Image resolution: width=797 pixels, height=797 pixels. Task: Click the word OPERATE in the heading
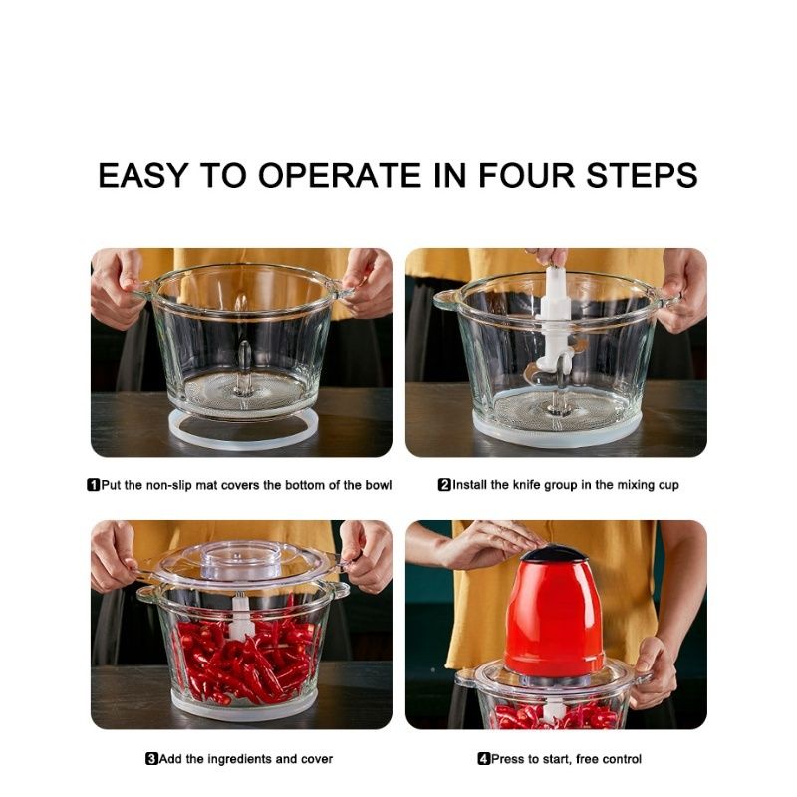[x=340, y=176]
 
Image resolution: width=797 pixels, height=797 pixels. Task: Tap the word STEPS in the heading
[x=642, y=176]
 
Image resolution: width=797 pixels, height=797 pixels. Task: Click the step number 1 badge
[x=93, y=485]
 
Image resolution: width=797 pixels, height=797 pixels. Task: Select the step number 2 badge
[x=444, y=485]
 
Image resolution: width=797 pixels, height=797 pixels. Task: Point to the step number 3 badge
[x=151, y=759]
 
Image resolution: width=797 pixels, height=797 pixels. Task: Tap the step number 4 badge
[x=483, y=759]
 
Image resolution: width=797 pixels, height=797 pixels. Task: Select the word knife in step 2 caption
[x=526, y=485]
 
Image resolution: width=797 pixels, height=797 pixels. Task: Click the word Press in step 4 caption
[x=507, y=759]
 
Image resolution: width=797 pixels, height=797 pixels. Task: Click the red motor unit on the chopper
[x=554, y=615]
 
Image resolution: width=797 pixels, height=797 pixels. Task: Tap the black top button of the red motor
[x=553, y=553]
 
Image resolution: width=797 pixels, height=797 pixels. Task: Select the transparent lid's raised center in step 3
[x=241, y=559]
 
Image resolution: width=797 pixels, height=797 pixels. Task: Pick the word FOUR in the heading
[x=526, y=176]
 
